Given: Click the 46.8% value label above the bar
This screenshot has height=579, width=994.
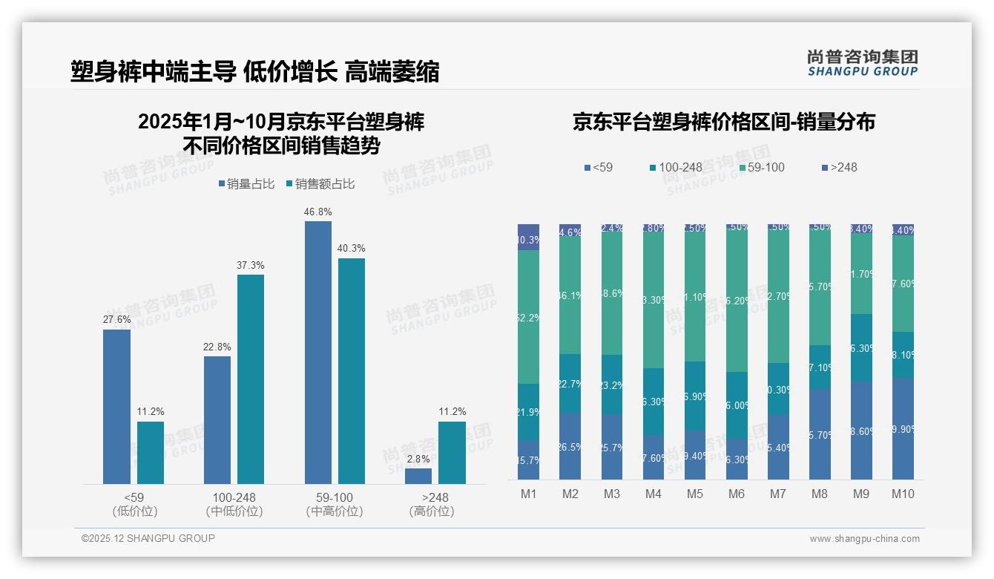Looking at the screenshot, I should point(317,212).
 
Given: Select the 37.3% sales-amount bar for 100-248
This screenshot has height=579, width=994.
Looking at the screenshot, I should point(251,379).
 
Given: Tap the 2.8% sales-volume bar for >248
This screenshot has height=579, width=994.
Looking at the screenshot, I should point(418,476).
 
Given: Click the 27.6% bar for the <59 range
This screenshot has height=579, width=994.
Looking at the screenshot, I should point(116,407).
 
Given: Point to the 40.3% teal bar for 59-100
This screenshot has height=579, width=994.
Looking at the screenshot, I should point(352,371).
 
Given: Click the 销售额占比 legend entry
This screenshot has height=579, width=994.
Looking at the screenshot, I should point(320,183).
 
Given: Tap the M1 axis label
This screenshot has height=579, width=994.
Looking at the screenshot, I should point(528,494).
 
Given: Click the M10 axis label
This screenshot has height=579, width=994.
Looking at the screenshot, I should point(903,494).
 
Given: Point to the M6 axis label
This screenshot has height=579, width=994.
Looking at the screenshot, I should point(737,494).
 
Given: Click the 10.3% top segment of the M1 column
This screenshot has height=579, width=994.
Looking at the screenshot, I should point(528,238).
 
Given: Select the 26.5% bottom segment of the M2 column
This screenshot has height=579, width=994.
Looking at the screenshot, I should point(570,446).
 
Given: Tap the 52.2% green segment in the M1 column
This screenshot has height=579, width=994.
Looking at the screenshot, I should point(528,317).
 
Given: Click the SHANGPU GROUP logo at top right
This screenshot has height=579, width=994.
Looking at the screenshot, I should point(862,63).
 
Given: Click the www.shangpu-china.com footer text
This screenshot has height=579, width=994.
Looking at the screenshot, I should point(864,539).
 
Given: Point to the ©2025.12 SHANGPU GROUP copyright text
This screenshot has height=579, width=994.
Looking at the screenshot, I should point(148,538).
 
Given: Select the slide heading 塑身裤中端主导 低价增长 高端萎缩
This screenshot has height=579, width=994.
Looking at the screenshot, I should point(255,71).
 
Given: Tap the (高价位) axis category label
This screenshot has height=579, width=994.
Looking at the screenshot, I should point(431,511).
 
